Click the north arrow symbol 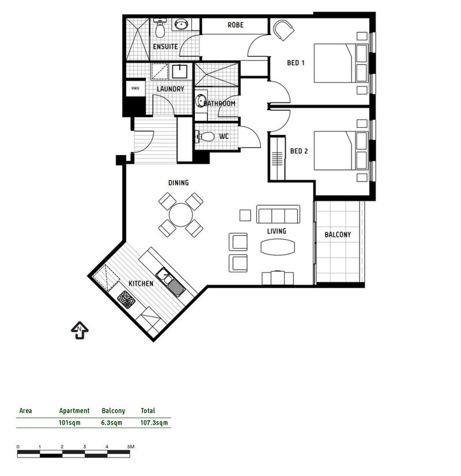pos(80,330)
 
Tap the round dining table pos(180,215)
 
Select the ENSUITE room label pos(165,47)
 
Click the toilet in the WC pos(205,137)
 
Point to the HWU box pos(135,88)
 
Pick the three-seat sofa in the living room pos(278,214)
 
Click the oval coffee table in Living pos(278,247)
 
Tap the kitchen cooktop pos(126,299)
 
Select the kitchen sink pos(170,282)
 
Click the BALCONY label pos(338,235)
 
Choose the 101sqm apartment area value pos(70,422)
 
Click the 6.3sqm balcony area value pos(112,422)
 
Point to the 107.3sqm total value pos(154,422)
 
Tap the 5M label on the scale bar pos(131,447)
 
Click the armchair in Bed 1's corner pos(284,30)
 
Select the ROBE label pos(236,25)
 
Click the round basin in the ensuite pos(182,24)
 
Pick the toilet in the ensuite pos(160,27)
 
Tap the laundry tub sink pos(180,71)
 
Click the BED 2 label pos(299,151)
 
